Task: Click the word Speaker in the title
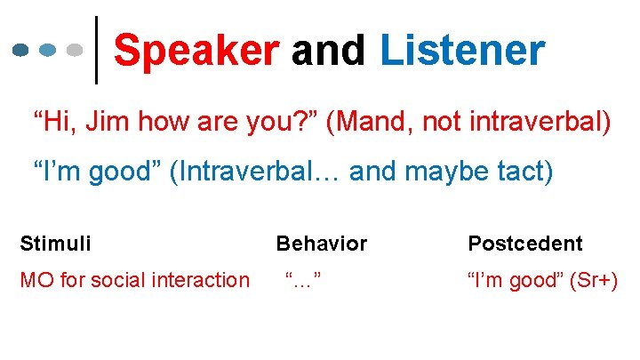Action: [x=196, y=51]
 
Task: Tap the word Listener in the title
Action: [x=461, y=51]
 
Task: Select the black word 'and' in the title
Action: [x=329, y=51]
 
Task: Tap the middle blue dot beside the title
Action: [x=49, y=51]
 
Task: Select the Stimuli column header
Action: [x=55, y=243]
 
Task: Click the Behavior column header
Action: [x=321, y=243]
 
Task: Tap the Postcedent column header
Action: [x=524, y=243]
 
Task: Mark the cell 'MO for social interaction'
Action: [x=134, y=281]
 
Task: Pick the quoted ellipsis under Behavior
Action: [x=302, y=281]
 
